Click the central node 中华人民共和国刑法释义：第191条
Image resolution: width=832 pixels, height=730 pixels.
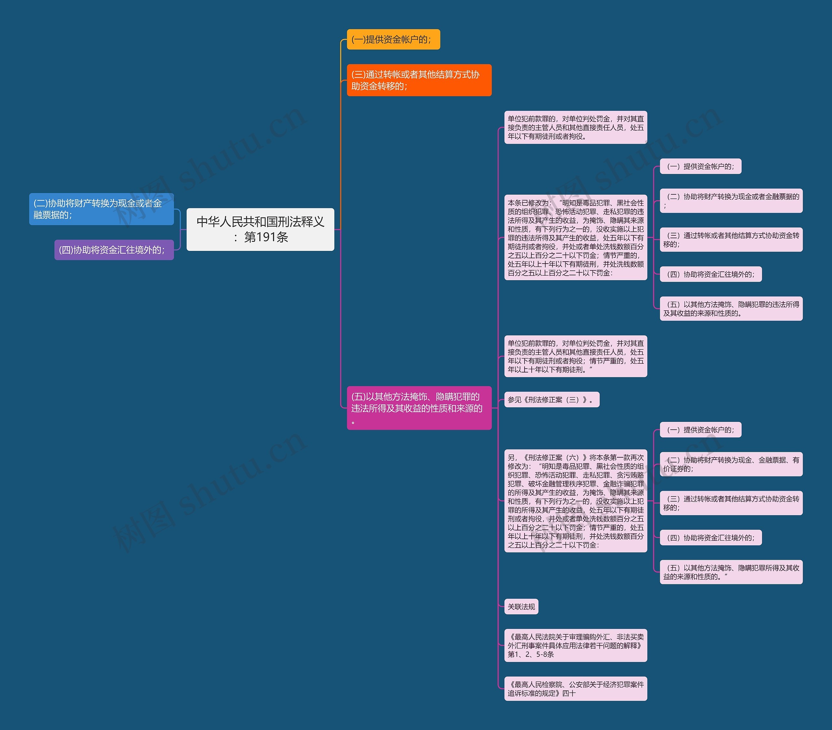[x=260, y=229]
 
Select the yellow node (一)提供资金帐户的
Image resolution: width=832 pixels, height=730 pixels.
[x=393, y=40]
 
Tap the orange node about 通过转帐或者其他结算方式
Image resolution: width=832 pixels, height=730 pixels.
[x=419, y=80]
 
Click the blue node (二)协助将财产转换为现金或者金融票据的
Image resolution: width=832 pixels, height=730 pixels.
[x=101, y=209]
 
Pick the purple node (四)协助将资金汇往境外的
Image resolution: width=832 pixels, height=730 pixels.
[x=114, y=250]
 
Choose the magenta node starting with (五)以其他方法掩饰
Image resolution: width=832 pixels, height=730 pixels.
[x=419, y=408]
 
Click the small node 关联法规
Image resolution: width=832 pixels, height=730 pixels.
[x=521, y=606]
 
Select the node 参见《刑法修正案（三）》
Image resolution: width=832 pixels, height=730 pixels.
[x=552, y=400]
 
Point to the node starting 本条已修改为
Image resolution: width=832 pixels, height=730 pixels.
[x=575, y=237]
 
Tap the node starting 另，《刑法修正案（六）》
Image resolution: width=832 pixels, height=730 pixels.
[x=575, y=501]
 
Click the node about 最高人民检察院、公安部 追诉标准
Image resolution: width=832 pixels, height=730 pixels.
[x=575, y=689]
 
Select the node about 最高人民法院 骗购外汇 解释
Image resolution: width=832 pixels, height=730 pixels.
[x=575, y=645]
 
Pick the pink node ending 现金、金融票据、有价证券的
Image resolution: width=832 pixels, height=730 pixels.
[x=731, y=464]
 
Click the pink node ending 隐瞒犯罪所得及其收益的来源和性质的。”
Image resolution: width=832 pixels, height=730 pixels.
[x=731, y=572]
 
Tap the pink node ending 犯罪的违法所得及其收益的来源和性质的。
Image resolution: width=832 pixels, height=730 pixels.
[x=731, y=309]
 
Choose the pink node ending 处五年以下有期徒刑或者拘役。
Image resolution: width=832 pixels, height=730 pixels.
[x=575, y=127]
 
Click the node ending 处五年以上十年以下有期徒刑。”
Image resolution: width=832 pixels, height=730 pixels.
[x=575, y=356]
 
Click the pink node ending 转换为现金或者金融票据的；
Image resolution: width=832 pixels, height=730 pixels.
[x=731, y=201]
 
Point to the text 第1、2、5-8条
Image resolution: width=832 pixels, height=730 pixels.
[x=531, y=654]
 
